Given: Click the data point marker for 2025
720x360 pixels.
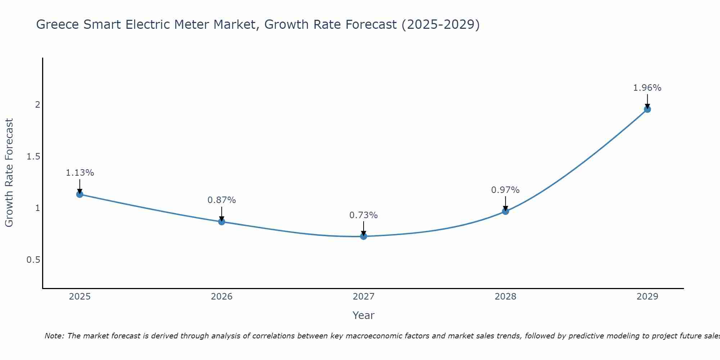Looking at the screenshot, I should (x=80, y=194).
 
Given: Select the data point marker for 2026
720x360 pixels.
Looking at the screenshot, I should (x=222, y=222).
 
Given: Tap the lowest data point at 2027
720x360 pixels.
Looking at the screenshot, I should (x=364, y=236).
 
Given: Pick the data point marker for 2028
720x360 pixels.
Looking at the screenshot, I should (x=505, y=211).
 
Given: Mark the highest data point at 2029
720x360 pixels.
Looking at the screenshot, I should (x=647, y=109).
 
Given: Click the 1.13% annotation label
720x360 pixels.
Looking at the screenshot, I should (x=80, y=173).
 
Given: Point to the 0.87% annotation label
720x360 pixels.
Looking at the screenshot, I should (x=222, y=200).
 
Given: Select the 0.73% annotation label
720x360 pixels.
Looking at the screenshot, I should (x=364, y=215).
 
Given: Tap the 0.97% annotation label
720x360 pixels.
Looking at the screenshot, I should (x=505, y=190).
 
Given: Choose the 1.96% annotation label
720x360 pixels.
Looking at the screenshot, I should (x=647, y=88).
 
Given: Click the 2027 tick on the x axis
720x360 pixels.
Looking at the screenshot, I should (x=364, y=297).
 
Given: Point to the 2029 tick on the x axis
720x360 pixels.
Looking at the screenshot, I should (x=647, y=297).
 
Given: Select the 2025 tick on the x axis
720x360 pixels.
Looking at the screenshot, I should (x=80, y=297).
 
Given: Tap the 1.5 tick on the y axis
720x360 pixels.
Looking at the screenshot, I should (x=33, y=157).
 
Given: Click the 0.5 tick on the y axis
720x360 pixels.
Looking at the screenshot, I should (x=33, y=260).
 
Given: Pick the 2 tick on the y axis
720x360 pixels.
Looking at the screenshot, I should (x=37, y=105).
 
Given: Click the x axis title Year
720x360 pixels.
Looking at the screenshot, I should (x=364, y=315).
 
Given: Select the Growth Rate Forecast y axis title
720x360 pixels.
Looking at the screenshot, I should (x=9, y=173).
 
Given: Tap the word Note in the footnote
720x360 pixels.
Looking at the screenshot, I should (x=54, y=336).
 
